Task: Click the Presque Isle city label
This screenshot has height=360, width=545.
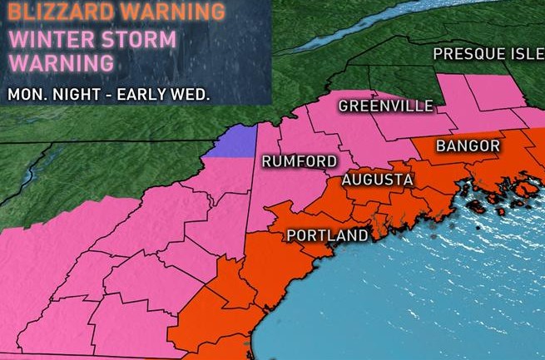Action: pos(488,54)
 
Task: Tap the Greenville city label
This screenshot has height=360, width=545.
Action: pos(386,106)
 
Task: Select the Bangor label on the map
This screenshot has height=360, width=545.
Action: pos(467,146)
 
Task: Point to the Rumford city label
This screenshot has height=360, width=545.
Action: pos(300,160)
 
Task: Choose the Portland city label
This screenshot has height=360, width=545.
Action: pos(327,235)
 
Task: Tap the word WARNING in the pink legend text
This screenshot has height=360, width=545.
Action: pos(60,62)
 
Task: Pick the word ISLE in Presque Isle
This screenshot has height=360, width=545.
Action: pos(523,54)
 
